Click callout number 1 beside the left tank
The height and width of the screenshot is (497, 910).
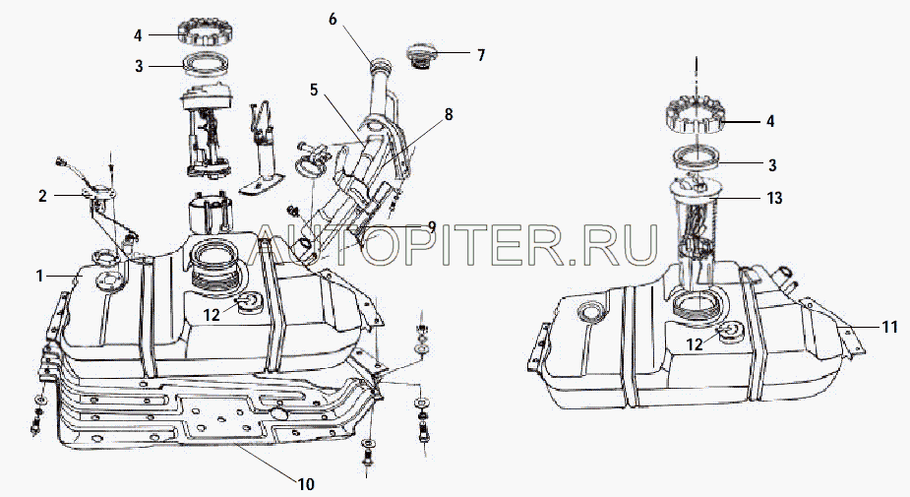pyautogui.click(x=40, y=276)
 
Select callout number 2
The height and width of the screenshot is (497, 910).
pyautogui.click(x=42, y=196)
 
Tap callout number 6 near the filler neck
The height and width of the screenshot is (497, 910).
pyautogui.click(x=333, y=19)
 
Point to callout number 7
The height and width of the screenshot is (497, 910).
pyautogui.click(x=481, y=55)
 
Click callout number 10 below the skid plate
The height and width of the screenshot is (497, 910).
pyautogui.click(x=306, y=483)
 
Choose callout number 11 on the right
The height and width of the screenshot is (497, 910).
pyautogui.click(x=890, y=327)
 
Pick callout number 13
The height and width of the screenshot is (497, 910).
pyautogui.click(x=775, y=198)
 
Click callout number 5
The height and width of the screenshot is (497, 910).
pyautogui.click(x=314, y=90)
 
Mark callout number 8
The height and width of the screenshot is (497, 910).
pyautogui.click(x=449, y=114)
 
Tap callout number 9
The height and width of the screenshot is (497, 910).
pyautogui.click(x=432, y=225)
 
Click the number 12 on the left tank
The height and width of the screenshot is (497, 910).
pyautogui.click(x=212, y=314)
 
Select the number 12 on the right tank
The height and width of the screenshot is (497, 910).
pyautogui.click(x=695, y=344)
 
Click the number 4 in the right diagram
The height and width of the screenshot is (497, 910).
pyautogui.click(x=770, y=121)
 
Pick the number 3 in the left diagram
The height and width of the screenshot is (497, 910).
pyautogui.click(x=139, y=66)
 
